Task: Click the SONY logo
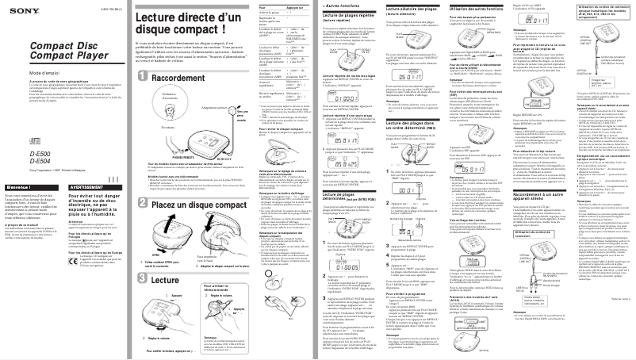(x=18, y=10)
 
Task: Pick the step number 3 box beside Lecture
(x=142, y=281)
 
